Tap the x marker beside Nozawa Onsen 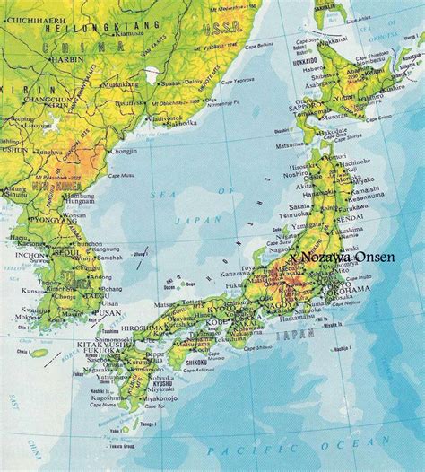[x=292, y=257]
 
